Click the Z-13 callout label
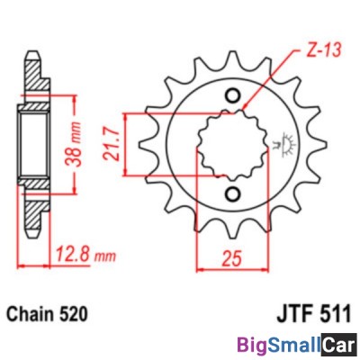(319, 50)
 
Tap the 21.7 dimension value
(110, 144)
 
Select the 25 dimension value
(231, 258)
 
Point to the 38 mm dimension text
(75, 144)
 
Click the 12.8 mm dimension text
(85, 256)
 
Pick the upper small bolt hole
(232, 95)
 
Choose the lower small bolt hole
(232, 194)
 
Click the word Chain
(31, 314)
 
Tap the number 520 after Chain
(73, 314)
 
